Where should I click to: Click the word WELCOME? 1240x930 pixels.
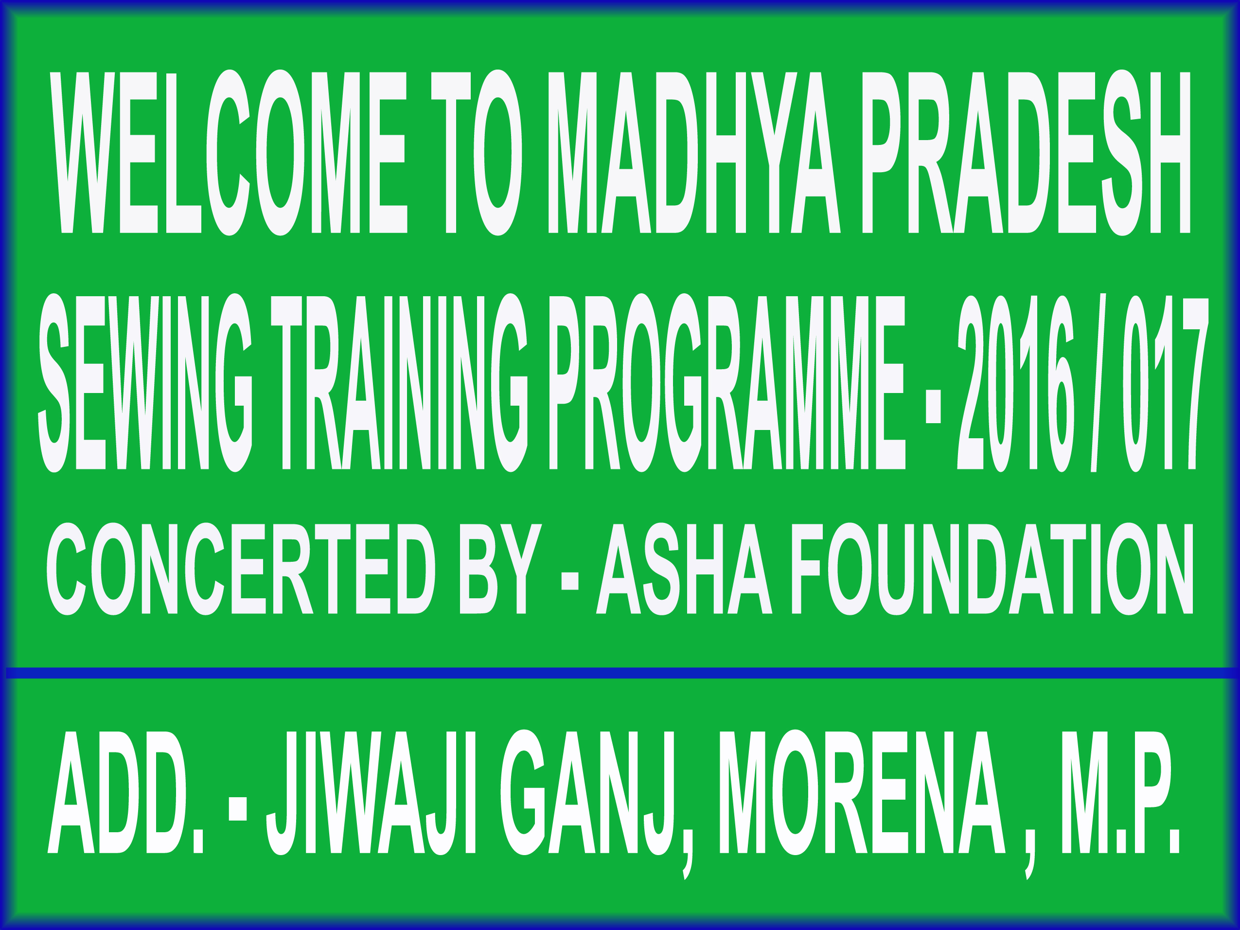pyautogui.click(x=229, y=152)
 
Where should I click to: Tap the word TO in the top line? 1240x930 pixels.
pyautogui.click(x=477, y=152)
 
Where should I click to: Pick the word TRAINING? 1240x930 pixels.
pyautogui.click(x=400, y=383)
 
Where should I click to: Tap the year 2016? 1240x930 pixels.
pyautogui.click(x=1016, y=383)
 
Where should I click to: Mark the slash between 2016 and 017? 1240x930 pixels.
pyautogui.click(x=1098, y=383)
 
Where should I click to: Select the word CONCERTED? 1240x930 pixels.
pyautogui.click(x=241, y=569)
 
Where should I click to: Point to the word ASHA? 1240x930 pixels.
pyautogui.click(x=684, y=569)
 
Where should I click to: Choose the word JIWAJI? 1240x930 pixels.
pyautogui.click(x=371, y=792)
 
